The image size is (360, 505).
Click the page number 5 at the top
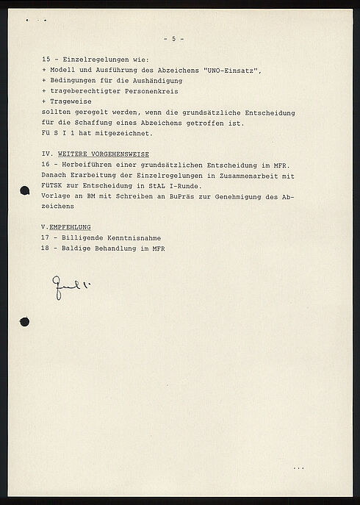(173, 38)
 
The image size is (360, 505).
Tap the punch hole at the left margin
(24, 322)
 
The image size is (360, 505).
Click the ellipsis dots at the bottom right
(298, 468)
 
